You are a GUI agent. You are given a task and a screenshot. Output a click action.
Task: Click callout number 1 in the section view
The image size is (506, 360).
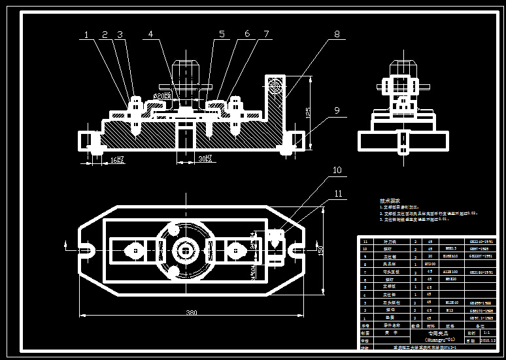click(86, 35)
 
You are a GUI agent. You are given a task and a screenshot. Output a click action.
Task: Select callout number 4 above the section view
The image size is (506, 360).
click(150, 34)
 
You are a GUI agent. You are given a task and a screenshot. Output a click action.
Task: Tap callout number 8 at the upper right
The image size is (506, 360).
click(337, 34)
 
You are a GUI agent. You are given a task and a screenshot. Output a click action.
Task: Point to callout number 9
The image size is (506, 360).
click(337, 111)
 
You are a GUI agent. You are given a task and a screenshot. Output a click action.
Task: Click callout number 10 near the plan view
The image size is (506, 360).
click(337, 171)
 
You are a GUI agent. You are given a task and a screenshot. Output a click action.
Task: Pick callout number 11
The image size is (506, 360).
click(337, 193)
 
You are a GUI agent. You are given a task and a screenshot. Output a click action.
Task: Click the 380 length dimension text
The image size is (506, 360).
click(191, 313)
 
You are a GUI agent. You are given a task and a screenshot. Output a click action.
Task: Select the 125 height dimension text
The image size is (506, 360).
click(308, 112)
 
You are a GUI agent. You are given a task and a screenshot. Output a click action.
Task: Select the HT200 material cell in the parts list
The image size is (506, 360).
click(430, 263)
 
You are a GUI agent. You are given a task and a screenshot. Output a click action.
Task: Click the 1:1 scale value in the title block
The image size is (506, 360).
click(489, 332)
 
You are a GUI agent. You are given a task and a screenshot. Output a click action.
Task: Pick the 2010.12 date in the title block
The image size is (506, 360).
click(489, 340)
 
